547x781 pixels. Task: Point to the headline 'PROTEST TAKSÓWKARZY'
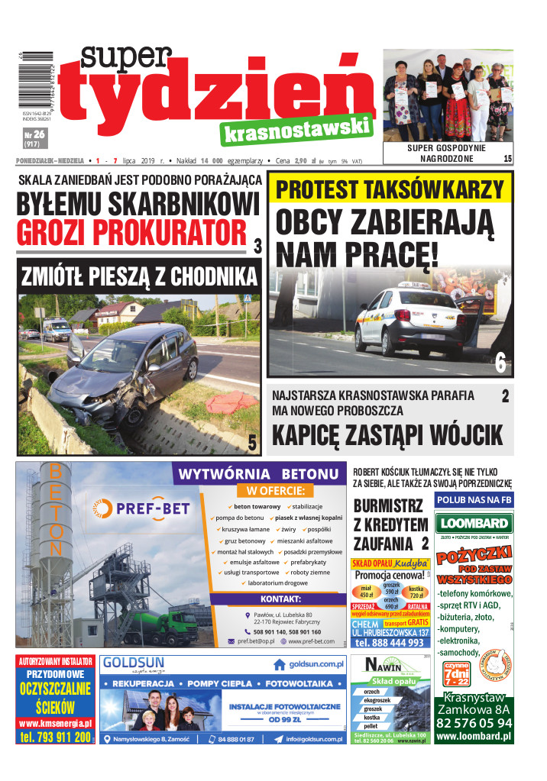coord(390,189)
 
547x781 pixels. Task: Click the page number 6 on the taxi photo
coord(500,363)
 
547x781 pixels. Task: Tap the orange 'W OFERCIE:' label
coord(275,490)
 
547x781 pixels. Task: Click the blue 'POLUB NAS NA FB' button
coord(474,499)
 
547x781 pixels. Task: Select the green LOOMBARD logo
coord(474,524)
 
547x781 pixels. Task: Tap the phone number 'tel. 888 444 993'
coord(390,642)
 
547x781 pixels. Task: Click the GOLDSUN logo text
coord(134,662)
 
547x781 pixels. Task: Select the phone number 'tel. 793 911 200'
coord(55,737)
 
